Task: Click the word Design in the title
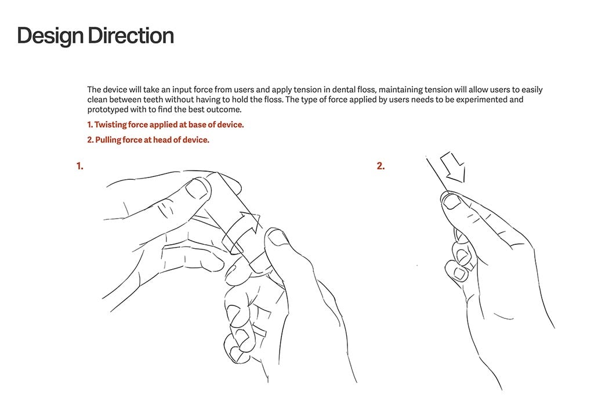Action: (50, 36)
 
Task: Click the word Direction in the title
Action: (131, 35)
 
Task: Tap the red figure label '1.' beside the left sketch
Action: (80, 166)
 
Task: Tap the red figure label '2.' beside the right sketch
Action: (380, 166)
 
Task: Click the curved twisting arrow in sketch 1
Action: (241, 231)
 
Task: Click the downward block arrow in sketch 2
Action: (453, 167)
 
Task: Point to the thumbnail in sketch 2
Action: (451, 202)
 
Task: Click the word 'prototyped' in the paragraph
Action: (105, 110)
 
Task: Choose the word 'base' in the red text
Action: (197, 125)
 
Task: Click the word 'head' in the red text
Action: (163, 140)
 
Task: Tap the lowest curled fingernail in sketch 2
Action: (460, 274)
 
